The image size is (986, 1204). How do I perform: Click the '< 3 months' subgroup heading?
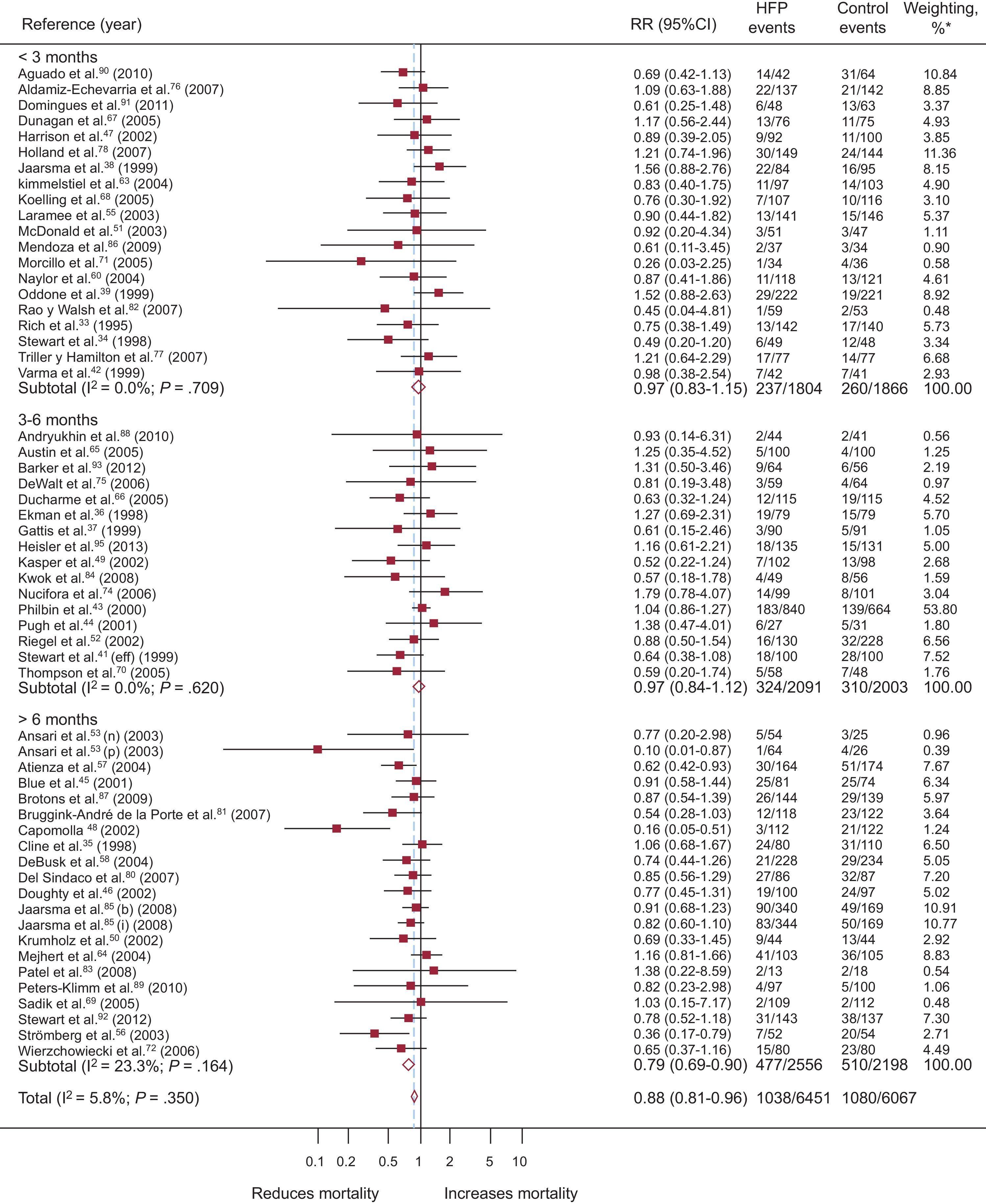pyautogui.click(x=58, y=57)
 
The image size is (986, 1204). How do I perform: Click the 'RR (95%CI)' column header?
pyautogui.click(x=674, y=24)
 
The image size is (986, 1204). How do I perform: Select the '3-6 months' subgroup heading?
pyautogui.click(x=58, y=420)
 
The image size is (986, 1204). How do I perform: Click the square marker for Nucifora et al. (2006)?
pyautogui.click(x=445, y=592)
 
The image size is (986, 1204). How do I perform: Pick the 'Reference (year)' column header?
pyautogui.click(x=82, y=24)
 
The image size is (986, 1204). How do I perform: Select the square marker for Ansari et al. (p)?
pyautogui.click(x=317, y=749)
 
